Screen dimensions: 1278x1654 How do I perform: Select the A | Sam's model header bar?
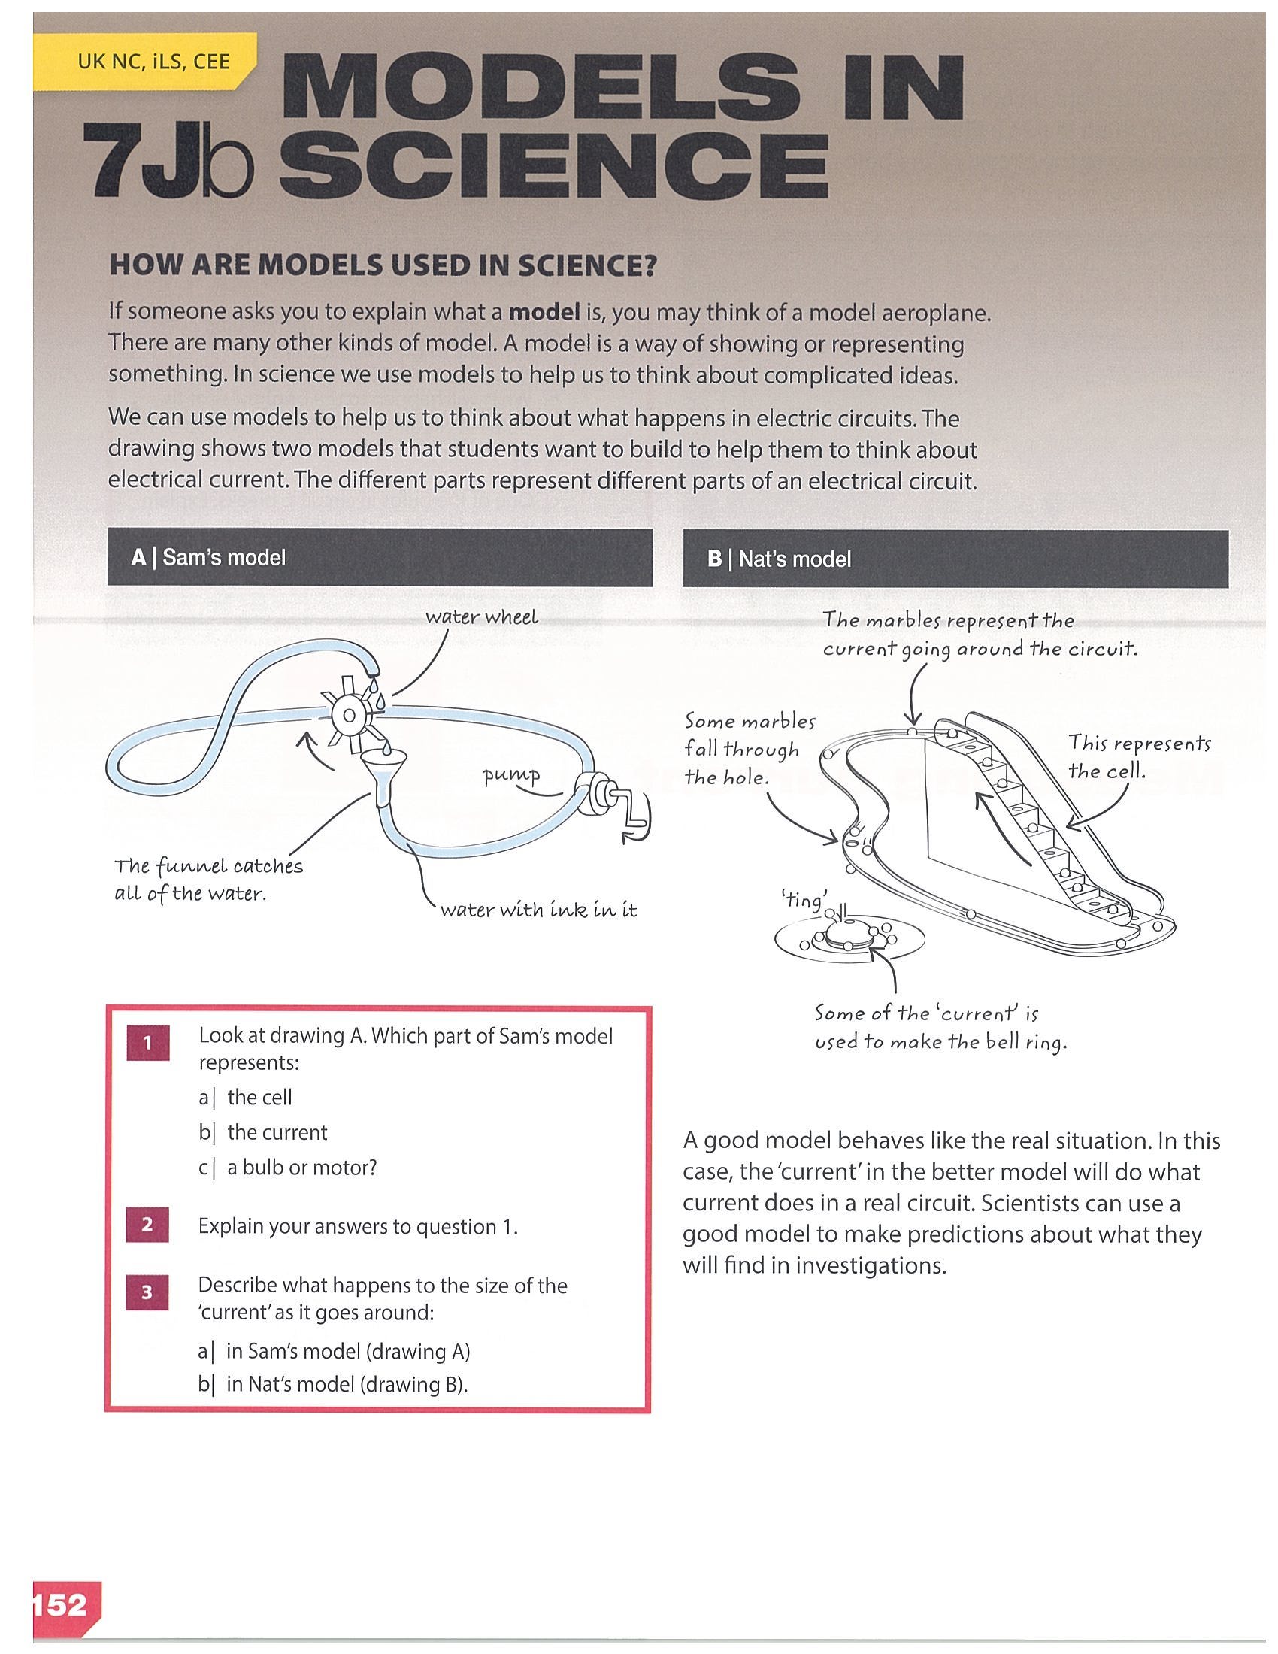click(380, 557)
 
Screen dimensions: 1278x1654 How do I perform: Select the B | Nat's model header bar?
click(955, 559)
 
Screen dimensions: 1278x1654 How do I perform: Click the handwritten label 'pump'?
click(513, 777)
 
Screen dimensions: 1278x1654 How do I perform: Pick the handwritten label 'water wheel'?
click(482, 617)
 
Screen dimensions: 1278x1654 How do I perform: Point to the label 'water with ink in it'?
click(538, 910)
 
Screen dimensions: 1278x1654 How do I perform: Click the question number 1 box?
click(147, 1044)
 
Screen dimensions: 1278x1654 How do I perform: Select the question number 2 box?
click(147, 1225)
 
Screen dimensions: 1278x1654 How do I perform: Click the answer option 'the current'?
click(277, 1132)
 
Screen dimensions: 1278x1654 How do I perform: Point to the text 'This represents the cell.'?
click(1139, 756)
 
